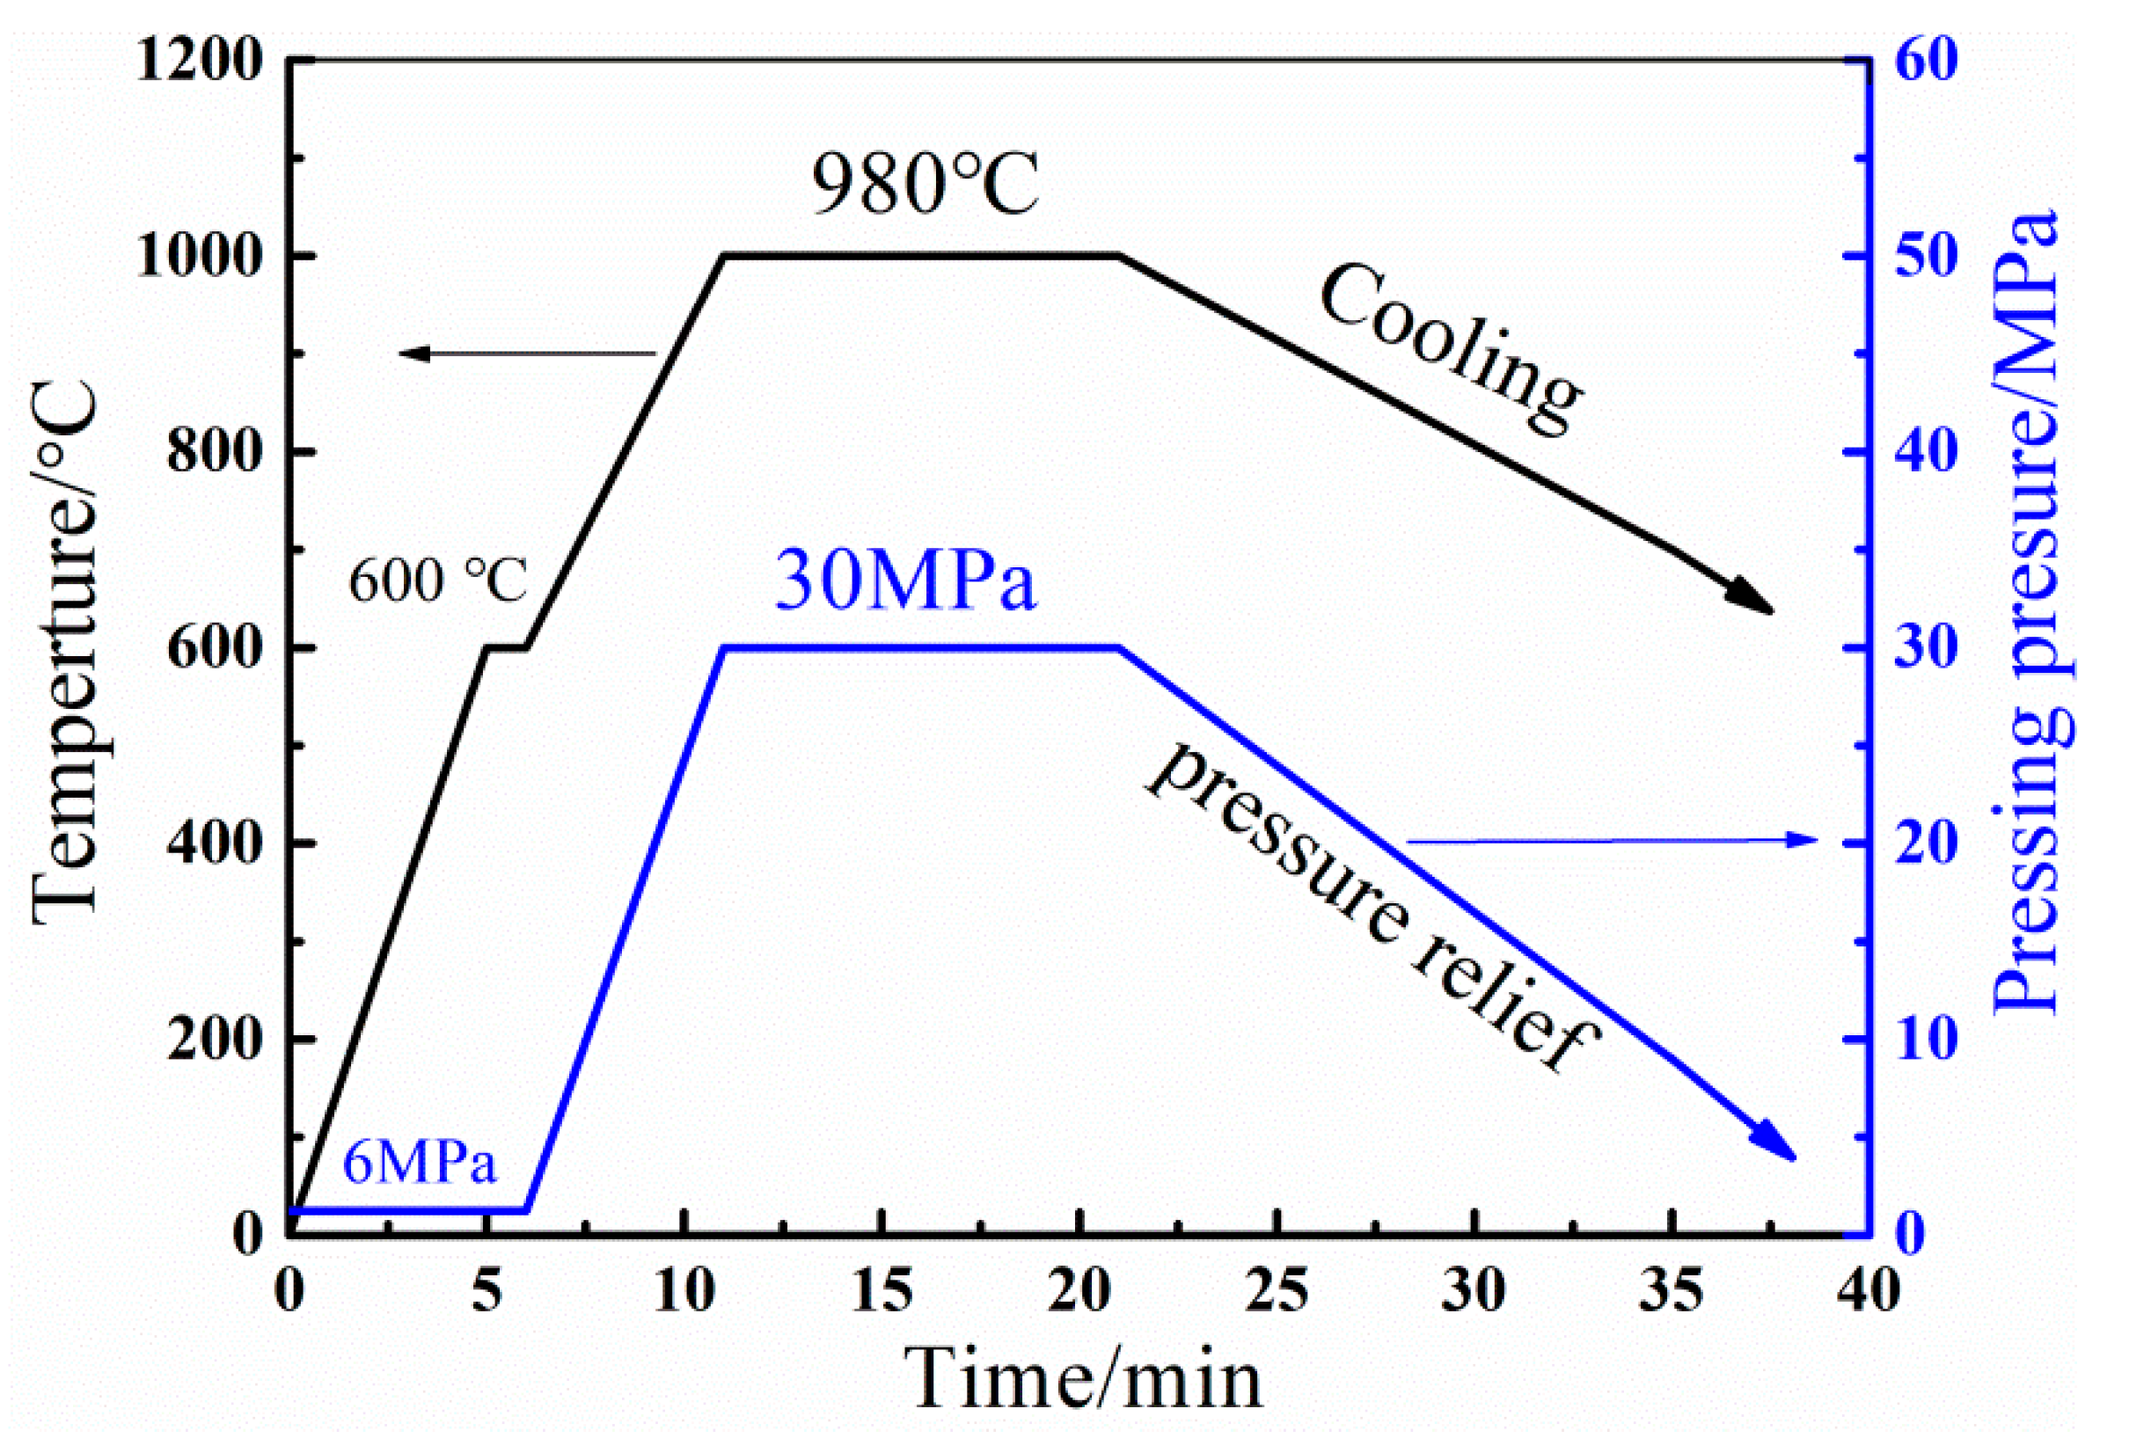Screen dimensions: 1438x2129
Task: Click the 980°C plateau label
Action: pos(925,185)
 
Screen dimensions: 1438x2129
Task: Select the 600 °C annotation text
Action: pos(438,580)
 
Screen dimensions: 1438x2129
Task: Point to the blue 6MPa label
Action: pos(420,1164)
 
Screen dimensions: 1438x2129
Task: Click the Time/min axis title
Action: pos(1084,1379)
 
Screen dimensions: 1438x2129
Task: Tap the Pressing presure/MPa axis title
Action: pos(2026,612)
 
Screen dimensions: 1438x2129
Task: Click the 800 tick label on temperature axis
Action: pos(215,452)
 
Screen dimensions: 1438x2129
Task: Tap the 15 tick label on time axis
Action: pos(882,1291)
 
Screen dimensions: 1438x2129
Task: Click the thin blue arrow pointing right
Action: pos(1613,840)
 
